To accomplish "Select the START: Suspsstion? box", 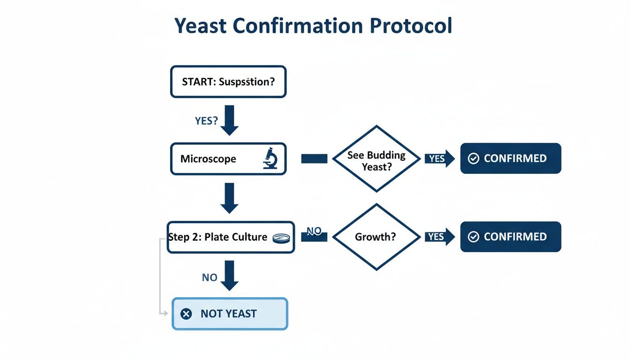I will (x=228, y=82).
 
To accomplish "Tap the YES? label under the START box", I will (x=206, y=120).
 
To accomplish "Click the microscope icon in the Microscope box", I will (x=270, y=158).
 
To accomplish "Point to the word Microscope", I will (x=208, y=159).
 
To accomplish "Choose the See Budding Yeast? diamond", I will (x=376, y=159).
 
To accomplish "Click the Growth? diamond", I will (x=376, y=237).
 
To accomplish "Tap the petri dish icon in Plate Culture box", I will (x=280, y=238).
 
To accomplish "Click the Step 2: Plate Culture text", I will (x=217, y=237).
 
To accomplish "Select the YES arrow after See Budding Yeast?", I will (x=439, y=159).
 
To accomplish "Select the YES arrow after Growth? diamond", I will (x=439, y=237).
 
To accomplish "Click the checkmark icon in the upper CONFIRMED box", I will (x=473, y=159).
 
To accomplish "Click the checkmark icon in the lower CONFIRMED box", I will (x=473, y=237).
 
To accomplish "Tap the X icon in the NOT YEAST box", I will (x=186, y=314).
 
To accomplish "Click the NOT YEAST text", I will (x=229, y=314).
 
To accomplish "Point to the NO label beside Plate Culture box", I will (x=313, y=231).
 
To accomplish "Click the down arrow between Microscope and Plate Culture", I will (x=229, y=198).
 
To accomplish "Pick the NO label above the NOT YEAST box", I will (x=210, y=277).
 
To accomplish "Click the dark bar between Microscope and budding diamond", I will (x=314, y=159).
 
